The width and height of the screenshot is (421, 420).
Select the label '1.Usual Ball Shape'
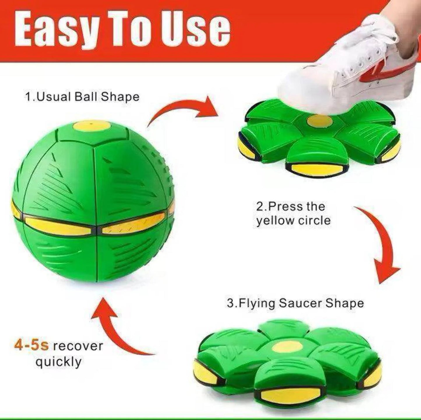82,97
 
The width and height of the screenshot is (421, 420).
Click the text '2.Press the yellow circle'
293,213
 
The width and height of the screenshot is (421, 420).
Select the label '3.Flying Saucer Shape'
295,303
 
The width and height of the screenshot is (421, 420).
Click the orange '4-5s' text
31,346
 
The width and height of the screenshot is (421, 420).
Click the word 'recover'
76,346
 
